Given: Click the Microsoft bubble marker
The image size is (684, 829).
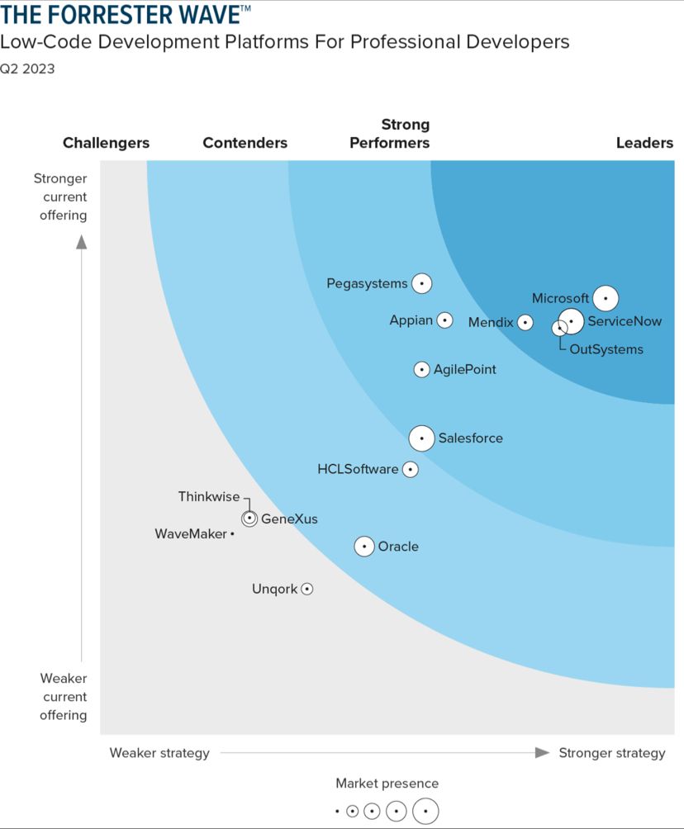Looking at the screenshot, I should [606, 297].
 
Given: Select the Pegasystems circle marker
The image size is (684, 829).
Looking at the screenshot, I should [421, 283].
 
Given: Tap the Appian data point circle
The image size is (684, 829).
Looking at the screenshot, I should [444, 320].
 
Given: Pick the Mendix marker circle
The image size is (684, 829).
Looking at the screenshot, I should [525, 322].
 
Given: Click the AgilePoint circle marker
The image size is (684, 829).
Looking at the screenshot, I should [421, 369].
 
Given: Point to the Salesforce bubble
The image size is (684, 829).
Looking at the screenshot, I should [421, 438].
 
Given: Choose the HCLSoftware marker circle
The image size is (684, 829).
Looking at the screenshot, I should [410, 469].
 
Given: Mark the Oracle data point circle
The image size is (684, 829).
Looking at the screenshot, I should [364, 546].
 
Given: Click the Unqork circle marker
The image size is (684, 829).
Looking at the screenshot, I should [306, 589].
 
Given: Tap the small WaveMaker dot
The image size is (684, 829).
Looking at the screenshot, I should [232, 534].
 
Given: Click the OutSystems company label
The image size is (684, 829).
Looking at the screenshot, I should [606, 349].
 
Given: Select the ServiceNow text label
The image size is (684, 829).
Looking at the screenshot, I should [625, 321].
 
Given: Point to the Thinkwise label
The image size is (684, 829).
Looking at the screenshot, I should [209, 496].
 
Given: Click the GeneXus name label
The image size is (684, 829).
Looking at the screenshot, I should [289, 519].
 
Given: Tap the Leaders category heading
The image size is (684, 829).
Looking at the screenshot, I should [644, 143].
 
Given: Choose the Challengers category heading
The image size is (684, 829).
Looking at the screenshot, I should [106, 143].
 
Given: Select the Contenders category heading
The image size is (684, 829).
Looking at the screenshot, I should [245, 143].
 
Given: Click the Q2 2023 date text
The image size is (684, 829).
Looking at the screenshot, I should [28, 69].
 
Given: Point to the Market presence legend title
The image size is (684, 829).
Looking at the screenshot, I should [387, 783].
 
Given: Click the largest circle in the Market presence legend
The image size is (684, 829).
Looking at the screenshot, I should [425, 812].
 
